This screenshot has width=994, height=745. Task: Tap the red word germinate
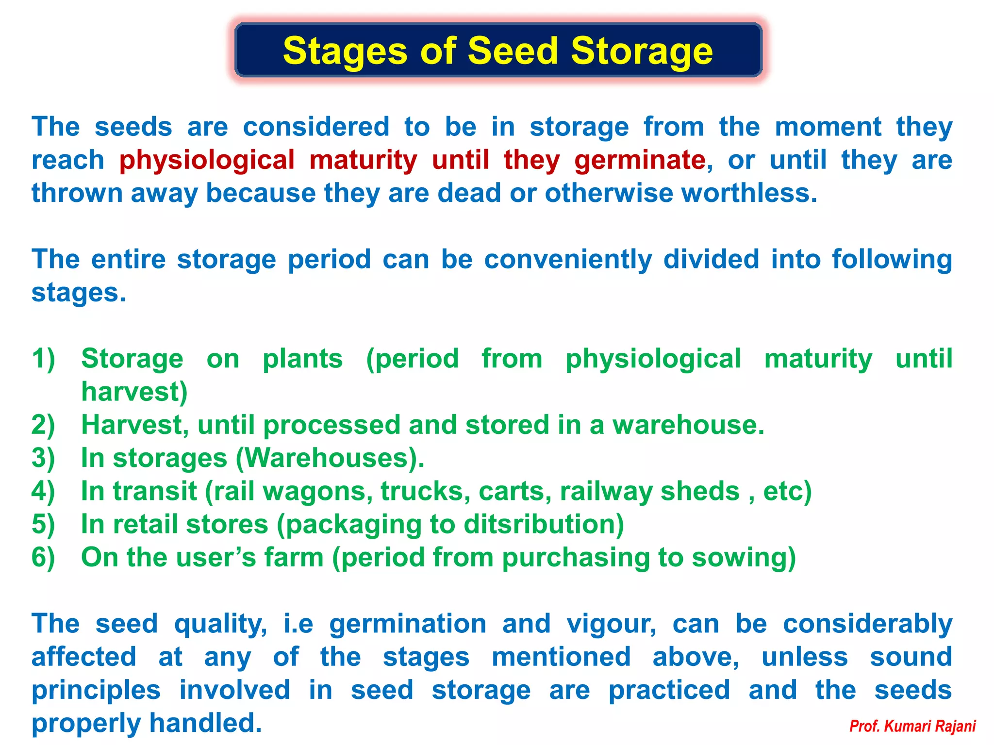(640, 160)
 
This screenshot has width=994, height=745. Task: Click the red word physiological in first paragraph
(207, 160)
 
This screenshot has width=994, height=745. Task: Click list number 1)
(43, 359)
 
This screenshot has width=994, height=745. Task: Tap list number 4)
(43, 491)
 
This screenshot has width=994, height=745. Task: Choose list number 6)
(43, 557)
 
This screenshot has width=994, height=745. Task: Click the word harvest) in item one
(134, 392)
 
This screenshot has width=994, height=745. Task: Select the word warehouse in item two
(684, 425)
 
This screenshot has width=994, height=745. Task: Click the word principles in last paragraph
(96, 690)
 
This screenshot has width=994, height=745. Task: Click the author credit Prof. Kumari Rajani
(912, 726)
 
